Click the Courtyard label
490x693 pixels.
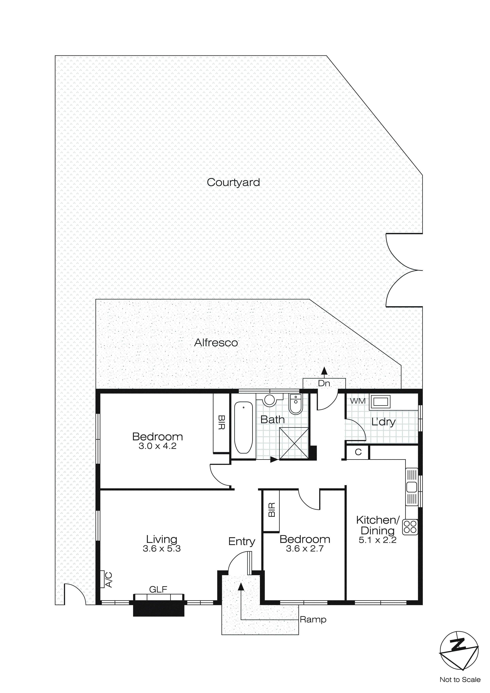(233, 182)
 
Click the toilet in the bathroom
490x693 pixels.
(295, 404)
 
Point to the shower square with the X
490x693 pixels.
(294, 444)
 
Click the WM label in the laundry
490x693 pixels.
(358, 401)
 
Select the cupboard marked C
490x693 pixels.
(358, 452)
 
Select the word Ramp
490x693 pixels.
(313, 620)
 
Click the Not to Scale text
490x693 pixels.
(460, 679)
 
